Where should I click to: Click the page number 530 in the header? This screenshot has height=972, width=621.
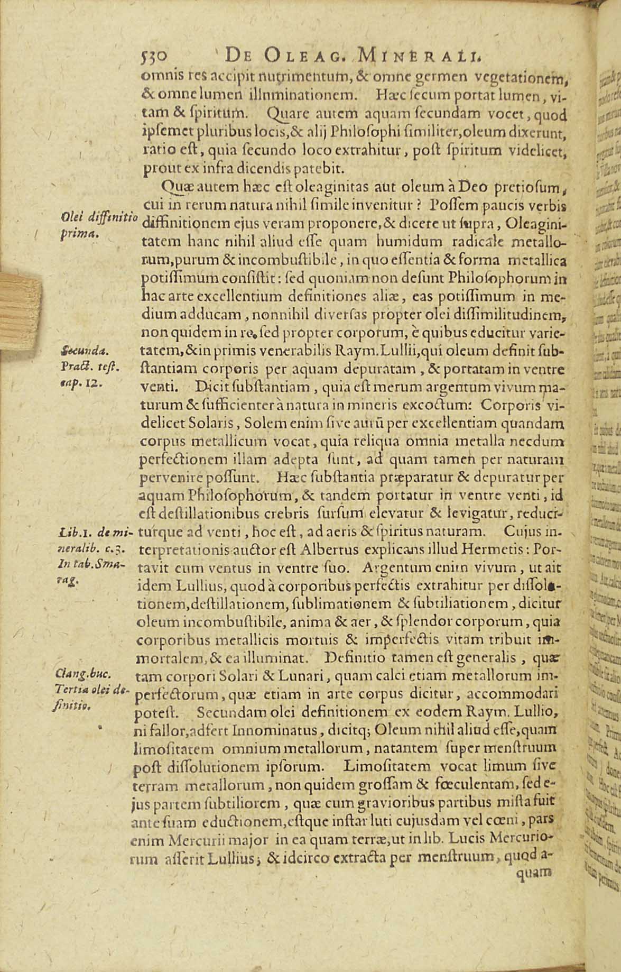point(154,56)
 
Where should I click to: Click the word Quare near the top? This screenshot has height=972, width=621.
point(285,114)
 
